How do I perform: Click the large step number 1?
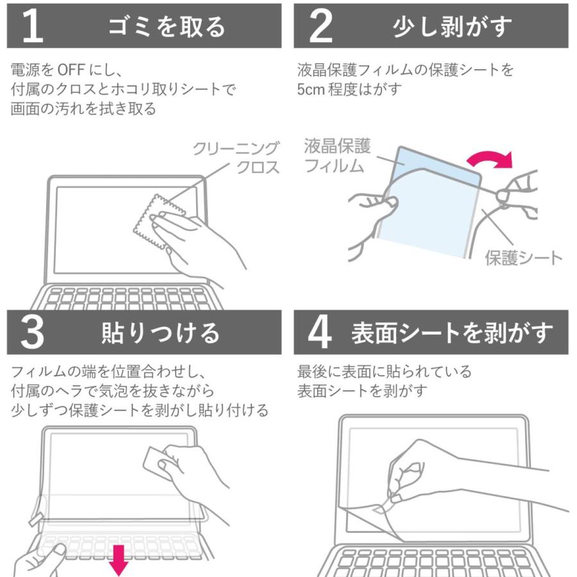[32, 26]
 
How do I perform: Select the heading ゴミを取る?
[168, 26]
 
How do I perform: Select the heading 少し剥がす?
[453, 26]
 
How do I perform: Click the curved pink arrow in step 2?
[491, 158]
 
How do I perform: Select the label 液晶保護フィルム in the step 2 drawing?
[337, 156]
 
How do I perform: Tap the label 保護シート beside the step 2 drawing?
[523, 258]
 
